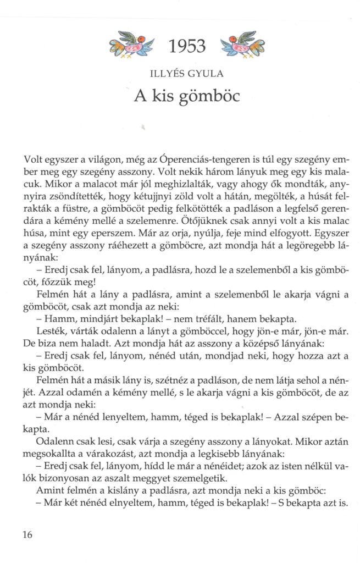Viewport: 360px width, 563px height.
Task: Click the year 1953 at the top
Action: click(x=187, y=47)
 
